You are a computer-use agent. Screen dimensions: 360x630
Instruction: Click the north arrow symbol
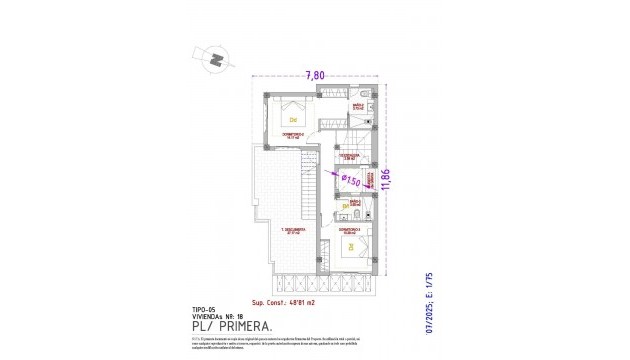click(215, 61)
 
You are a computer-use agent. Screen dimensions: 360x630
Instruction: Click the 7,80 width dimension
click(314, 74)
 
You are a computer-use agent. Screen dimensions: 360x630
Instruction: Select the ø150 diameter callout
click(350, 180)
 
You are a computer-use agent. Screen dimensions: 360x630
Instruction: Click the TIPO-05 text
click(204, 309)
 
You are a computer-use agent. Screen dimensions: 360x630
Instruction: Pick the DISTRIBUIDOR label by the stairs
click(347, 156)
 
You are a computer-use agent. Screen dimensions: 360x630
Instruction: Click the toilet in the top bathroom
click(368, 106)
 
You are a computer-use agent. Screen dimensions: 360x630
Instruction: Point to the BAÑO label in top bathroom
click(356, 105)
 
